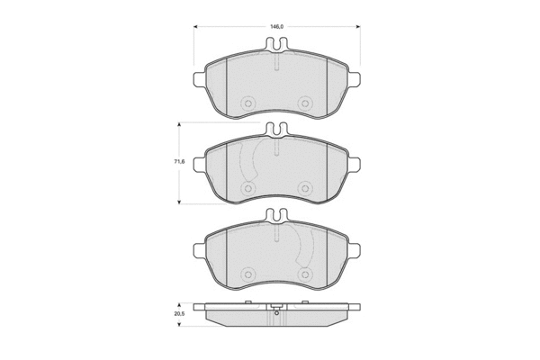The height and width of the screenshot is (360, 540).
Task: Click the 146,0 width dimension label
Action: pyautogui.click(x=276, y=26)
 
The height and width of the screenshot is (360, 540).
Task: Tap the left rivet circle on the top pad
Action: pyautogui.click(x=247, y=103)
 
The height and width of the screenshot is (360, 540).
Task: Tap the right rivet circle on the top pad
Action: pyautogui.click(x=304, y=103)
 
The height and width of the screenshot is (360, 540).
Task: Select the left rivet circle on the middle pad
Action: pyautogui.click(x=247, y=188)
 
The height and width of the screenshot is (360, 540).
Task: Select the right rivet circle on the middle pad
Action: pyautogui.click(x=304, y=188)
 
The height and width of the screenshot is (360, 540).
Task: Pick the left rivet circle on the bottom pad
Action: pyautogui.click(x=247, y=274)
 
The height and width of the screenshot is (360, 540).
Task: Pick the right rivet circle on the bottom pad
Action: pyautogui.click(x=304, y=274)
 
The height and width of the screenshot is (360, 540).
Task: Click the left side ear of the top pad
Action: pyautogui.click(x=200, y=78)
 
